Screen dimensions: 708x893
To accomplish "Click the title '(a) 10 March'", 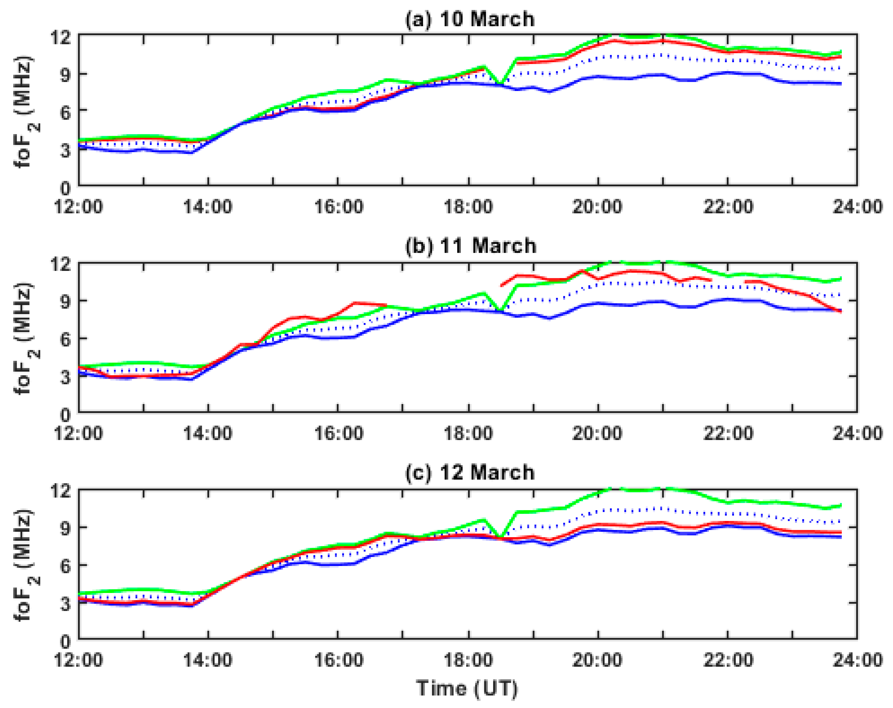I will pyautogui.click(x=470, y=20).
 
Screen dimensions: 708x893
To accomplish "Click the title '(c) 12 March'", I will pyautogui.click(x=470, y=472).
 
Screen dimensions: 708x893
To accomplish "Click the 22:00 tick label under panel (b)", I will pyautogui.click(x=728, y=433).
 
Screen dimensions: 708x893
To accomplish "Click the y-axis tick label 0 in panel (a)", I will pyautogui.click(x=66, y=188).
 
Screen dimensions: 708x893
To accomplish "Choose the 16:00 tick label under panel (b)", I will pyautogui.click(x=339, y=433).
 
